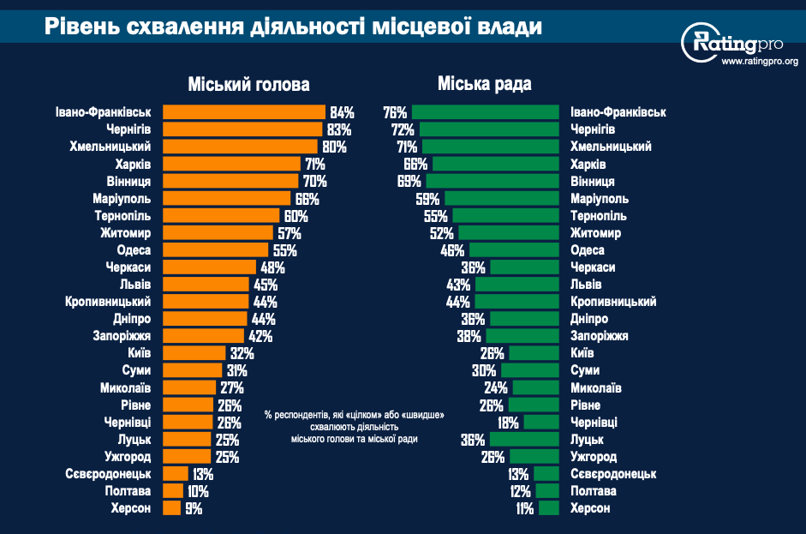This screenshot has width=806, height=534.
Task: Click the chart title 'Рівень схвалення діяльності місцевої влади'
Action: click(x=293, y=27)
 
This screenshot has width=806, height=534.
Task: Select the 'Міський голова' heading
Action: click(x=248, y=85)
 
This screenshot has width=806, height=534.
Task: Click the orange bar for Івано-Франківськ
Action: click(x=244, y=112)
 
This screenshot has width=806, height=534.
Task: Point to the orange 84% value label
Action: click(x=342, y=112)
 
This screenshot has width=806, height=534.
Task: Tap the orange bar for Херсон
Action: click(x=171, y=508)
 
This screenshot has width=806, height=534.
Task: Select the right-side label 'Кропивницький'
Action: click(x=613, y=302)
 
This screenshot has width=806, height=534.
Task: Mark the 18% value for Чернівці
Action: click(x=509, y=423)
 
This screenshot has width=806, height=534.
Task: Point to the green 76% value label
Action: click(x=395, y=112)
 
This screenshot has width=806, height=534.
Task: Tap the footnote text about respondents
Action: click(x=354, y=426)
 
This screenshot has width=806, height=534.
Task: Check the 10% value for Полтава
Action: click(x=198, y=491)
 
